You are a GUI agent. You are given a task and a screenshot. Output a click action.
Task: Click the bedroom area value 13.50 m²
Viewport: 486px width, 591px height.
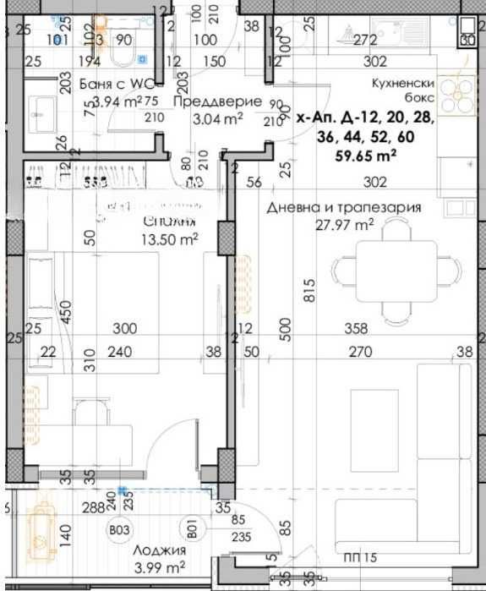(x=170, y=238)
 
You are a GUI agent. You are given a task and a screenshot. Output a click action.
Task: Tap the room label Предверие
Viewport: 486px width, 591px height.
(x=205, y=101)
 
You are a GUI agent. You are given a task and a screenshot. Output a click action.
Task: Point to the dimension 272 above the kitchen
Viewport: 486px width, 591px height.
(x=364, y=39)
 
